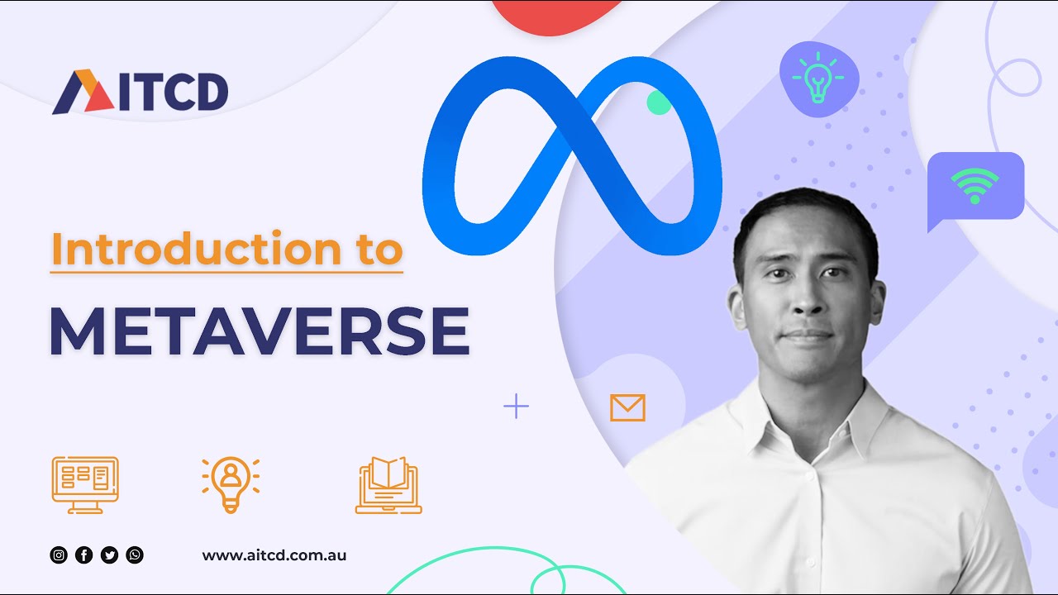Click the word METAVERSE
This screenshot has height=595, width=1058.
pos(259,331)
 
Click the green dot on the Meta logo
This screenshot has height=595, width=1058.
pos(658,102)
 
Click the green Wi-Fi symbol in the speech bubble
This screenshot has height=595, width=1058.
pos(975,185)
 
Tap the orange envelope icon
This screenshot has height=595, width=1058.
pos(627,407)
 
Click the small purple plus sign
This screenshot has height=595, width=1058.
pos(516,407)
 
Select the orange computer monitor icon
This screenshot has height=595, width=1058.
pos(85,484)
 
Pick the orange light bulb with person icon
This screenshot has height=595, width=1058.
pos(231,483)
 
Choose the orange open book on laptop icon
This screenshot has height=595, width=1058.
pos(388,484)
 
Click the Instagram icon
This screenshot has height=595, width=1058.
pos(59,555)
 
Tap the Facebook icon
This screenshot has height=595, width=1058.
pos(83,555)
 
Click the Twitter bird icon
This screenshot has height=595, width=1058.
pos(109,555)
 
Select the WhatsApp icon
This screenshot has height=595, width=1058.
pos(135,555)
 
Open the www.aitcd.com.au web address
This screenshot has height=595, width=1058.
pos(274,555)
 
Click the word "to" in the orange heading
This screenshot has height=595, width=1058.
pos(379,249)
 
